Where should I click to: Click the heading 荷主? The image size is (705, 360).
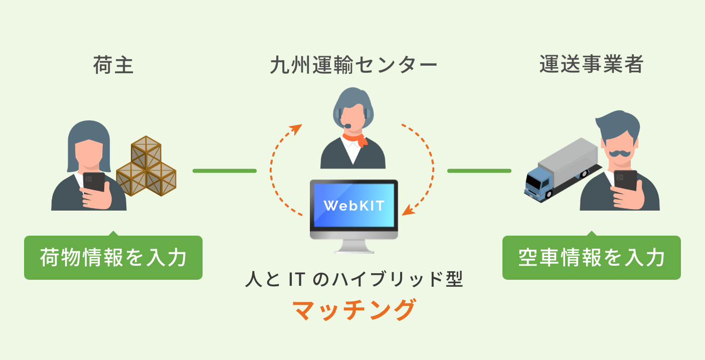113,65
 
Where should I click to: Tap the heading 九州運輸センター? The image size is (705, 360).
353,65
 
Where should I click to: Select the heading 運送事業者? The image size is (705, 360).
591,65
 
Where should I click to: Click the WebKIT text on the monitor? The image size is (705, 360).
354,206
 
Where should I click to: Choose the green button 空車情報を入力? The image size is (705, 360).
591,258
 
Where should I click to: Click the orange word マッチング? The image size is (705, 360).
354,311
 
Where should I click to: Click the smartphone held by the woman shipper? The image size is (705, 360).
94,182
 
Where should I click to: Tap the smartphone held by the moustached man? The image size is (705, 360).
625,181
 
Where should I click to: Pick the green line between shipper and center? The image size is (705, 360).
224,171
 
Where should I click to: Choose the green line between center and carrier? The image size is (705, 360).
479,171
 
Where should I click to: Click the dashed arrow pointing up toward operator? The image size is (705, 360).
278,160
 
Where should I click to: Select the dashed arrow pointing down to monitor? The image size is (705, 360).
426,165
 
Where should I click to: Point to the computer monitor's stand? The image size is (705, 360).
354,246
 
